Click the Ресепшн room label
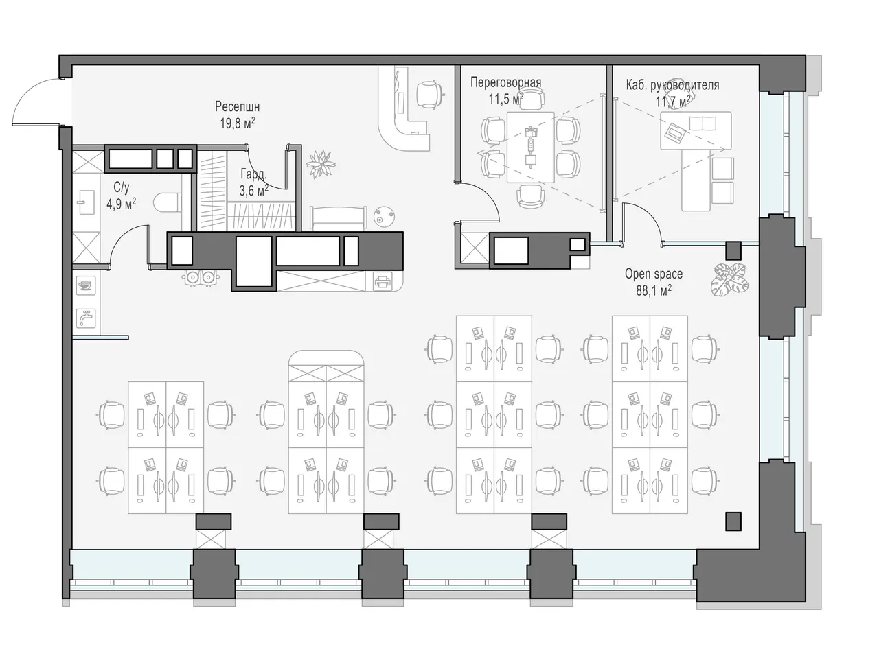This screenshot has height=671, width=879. pos(237,107)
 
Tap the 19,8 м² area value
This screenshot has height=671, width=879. pos(237,123)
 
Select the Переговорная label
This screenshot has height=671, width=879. pos(506,82)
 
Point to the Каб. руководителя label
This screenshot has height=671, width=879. pos(672,85)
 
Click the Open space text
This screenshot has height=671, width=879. pos(654,274)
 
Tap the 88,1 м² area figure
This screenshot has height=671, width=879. pos(654,291)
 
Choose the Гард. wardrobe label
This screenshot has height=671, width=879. pos(253,174)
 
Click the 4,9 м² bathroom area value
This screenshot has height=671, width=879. pos(121,204)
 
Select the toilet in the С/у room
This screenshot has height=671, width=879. pos(168,203)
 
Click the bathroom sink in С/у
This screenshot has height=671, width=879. pos(86,202)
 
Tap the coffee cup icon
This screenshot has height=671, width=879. pos(86,285)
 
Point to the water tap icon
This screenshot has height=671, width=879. pos(86,318)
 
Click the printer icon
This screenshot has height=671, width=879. pos(383,282)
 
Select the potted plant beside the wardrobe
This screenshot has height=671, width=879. pos(321,164)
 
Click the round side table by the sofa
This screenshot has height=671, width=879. pos(384,217)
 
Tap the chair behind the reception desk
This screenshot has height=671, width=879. pos(430,95)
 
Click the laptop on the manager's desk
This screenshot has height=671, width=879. pos(675,131)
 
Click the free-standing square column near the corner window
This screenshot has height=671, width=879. pos(733,521)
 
